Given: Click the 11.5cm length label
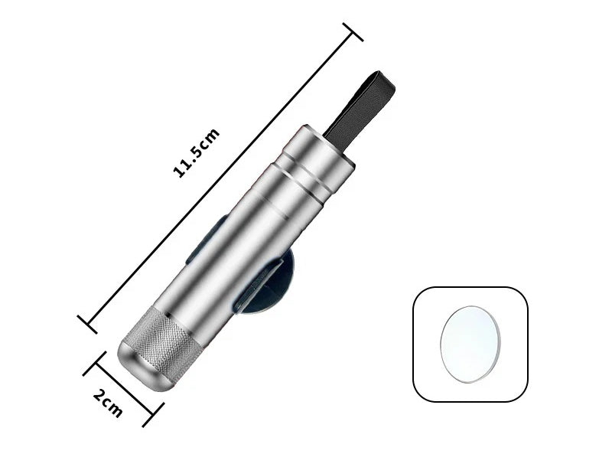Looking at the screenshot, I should point(197,153).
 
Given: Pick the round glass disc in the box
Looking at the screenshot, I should point(471,342).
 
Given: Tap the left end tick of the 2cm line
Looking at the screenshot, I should point(95,363).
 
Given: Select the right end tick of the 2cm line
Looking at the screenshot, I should point(151,414).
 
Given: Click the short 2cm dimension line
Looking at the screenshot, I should point(123,389).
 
